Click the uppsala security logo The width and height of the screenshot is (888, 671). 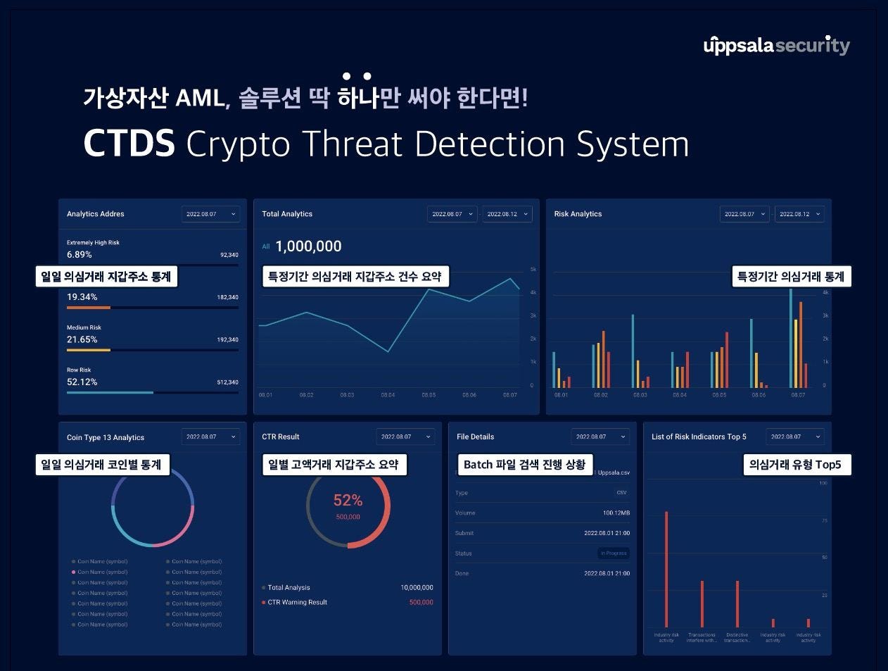coord(776,46)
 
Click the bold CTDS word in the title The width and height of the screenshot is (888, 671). coord(129,144)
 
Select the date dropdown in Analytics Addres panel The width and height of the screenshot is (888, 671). coord(210,214)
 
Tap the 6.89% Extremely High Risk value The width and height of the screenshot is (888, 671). coord(80,255)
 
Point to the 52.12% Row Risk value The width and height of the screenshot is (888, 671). coord(82,382)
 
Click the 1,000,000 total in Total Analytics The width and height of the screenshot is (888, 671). coord(308,246)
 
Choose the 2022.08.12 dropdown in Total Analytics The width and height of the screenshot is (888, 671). coord(507,214)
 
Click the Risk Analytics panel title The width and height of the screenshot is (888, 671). coord(578,214)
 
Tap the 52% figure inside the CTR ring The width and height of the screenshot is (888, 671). coord(348,501)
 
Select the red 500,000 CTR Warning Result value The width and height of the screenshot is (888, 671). coord(421,603)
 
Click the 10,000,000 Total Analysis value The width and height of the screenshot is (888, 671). coord(417,588)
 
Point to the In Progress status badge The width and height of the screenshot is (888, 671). coord(614,553)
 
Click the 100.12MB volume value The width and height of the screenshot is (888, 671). coord(616,513)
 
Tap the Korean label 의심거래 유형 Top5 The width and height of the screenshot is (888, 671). coord(795,465)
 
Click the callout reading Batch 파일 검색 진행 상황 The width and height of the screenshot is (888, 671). coord(524,465)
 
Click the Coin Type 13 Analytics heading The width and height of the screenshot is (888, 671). coord(106,437)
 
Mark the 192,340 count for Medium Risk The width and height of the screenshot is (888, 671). coord(227,340)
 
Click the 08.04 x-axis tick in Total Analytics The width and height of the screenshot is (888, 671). coord(388,395)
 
